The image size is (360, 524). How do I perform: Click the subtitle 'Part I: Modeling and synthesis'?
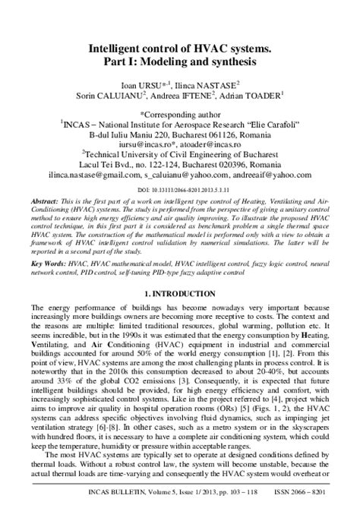tap(180, 60)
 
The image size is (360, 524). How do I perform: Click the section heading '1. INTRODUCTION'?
tap(180, 294)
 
